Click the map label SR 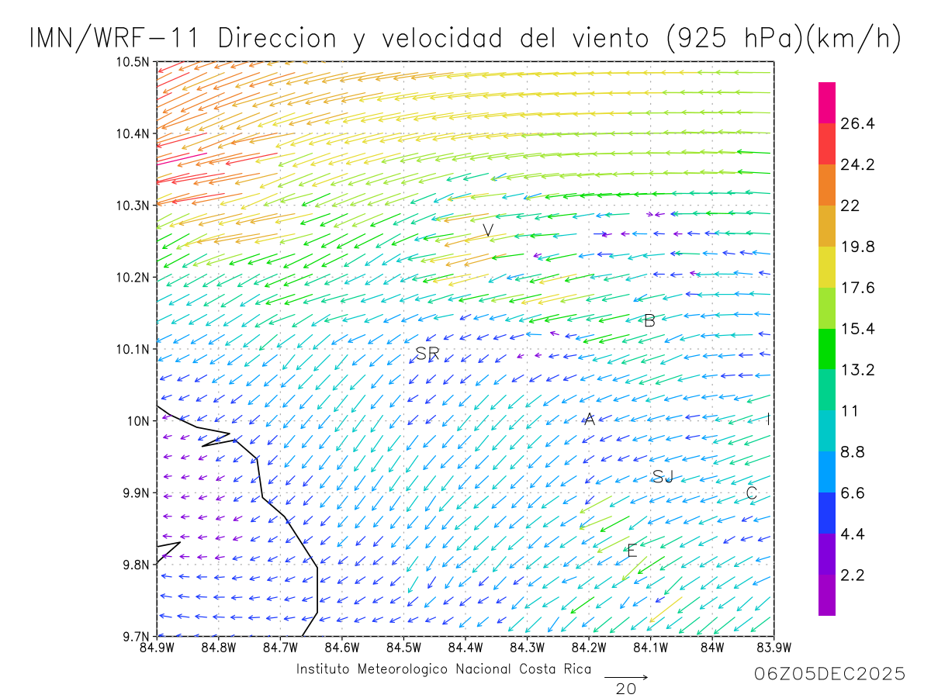(x=427, y=354)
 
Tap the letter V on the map (x=488, y=230)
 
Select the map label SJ (x=663, y=477)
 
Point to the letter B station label (x=650, y=320)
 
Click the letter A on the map (x=589, y=420)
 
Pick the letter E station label (x=632, y=551)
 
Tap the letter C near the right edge (x=751, y=493)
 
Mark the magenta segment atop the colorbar (x=827, y=102)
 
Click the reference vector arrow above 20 (x=625, y=677)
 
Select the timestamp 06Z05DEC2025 (x=829, y=674)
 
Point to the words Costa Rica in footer (x=555, y=669)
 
